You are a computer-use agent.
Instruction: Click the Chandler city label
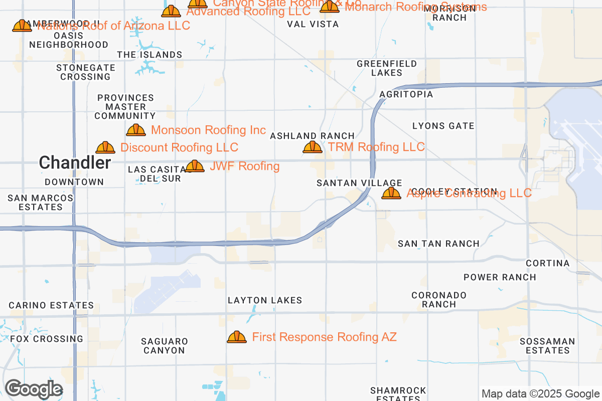coord(75,162)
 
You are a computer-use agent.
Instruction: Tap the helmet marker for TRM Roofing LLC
coord(313,147)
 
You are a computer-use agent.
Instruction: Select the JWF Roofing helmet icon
coord(195,166)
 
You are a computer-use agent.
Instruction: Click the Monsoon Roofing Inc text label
coord(208,130)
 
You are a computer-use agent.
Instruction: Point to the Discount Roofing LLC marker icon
coord(105,147)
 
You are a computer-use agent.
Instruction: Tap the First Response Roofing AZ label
coord(324,337)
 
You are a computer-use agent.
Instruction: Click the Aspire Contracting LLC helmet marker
coord(391,193)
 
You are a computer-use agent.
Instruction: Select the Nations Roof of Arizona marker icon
coord(22,26)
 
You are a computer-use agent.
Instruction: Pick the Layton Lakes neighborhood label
coord(265,301)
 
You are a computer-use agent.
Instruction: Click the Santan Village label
coord(359,183)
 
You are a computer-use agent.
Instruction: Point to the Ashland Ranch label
coord(312,136)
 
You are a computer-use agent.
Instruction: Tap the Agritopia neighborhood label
coord(406,94)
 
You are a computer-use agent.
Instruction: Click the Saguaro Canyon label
coord(165,346)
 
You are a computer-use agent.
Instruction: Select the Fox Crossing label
coord(47,339)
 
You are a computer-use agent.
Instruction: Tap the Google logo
coord(34,389)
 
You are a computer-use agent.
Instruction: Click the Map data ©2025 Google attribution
coord(541,393)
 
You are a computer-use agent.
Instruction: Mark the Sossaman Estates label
coord(547,346)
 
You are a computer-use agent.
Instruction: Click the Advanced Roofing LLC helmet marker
coord(171,11)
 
